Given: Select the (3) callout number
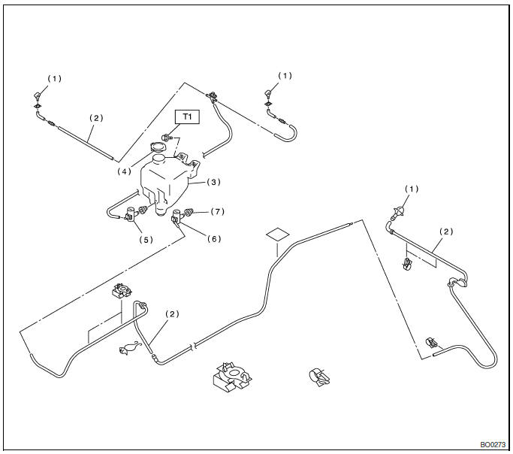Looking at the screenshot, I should [x=213, y=182].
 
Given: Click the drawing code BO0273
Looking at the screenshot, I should [x=493, y=444].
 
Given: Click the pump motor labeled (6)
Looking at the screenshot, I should [x=177, y=218].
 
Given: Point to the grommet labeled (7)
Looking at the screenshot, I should [x=189, y=213].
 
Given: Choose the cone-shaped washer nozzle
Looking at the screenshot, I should [x=403, y=211].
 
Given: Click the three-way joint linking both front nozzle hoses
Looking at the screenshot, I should [x=213, y=95].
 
